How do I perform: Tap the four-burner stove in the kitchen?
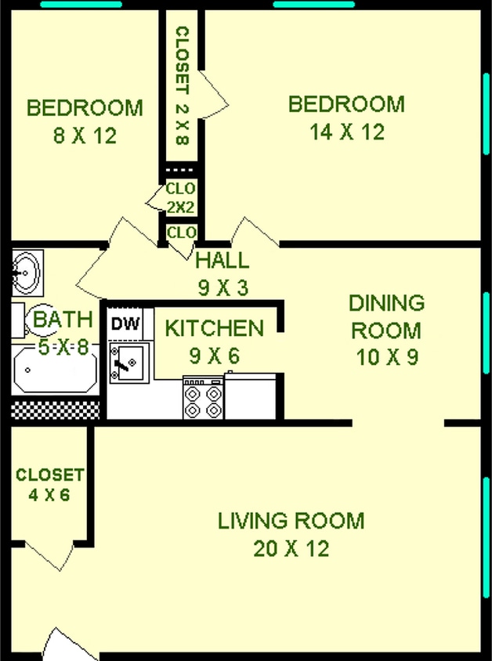coord(203,399)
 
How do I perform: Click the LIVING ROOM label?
coord(291,520)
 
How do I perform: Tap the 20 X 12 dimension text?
coord(291,549)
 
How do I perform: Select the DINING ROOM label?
coord(386,316)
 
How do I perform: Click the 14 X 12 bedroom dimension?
coord(347,132)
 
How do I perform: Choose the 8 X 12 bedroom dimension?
coord(85,135)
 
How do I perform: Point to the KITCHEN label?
coord(214,327)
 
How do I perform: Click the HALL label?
coord(222,261)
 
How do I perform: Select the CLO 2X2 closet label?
coord(180,198)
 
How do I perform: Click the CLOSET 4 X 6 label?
coord(50,485)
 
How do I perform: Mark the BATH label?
coord(63,319)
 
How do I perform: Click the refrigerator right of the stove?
coord(251,396)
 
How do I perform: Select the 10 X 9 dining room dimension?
coord(386,358)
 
